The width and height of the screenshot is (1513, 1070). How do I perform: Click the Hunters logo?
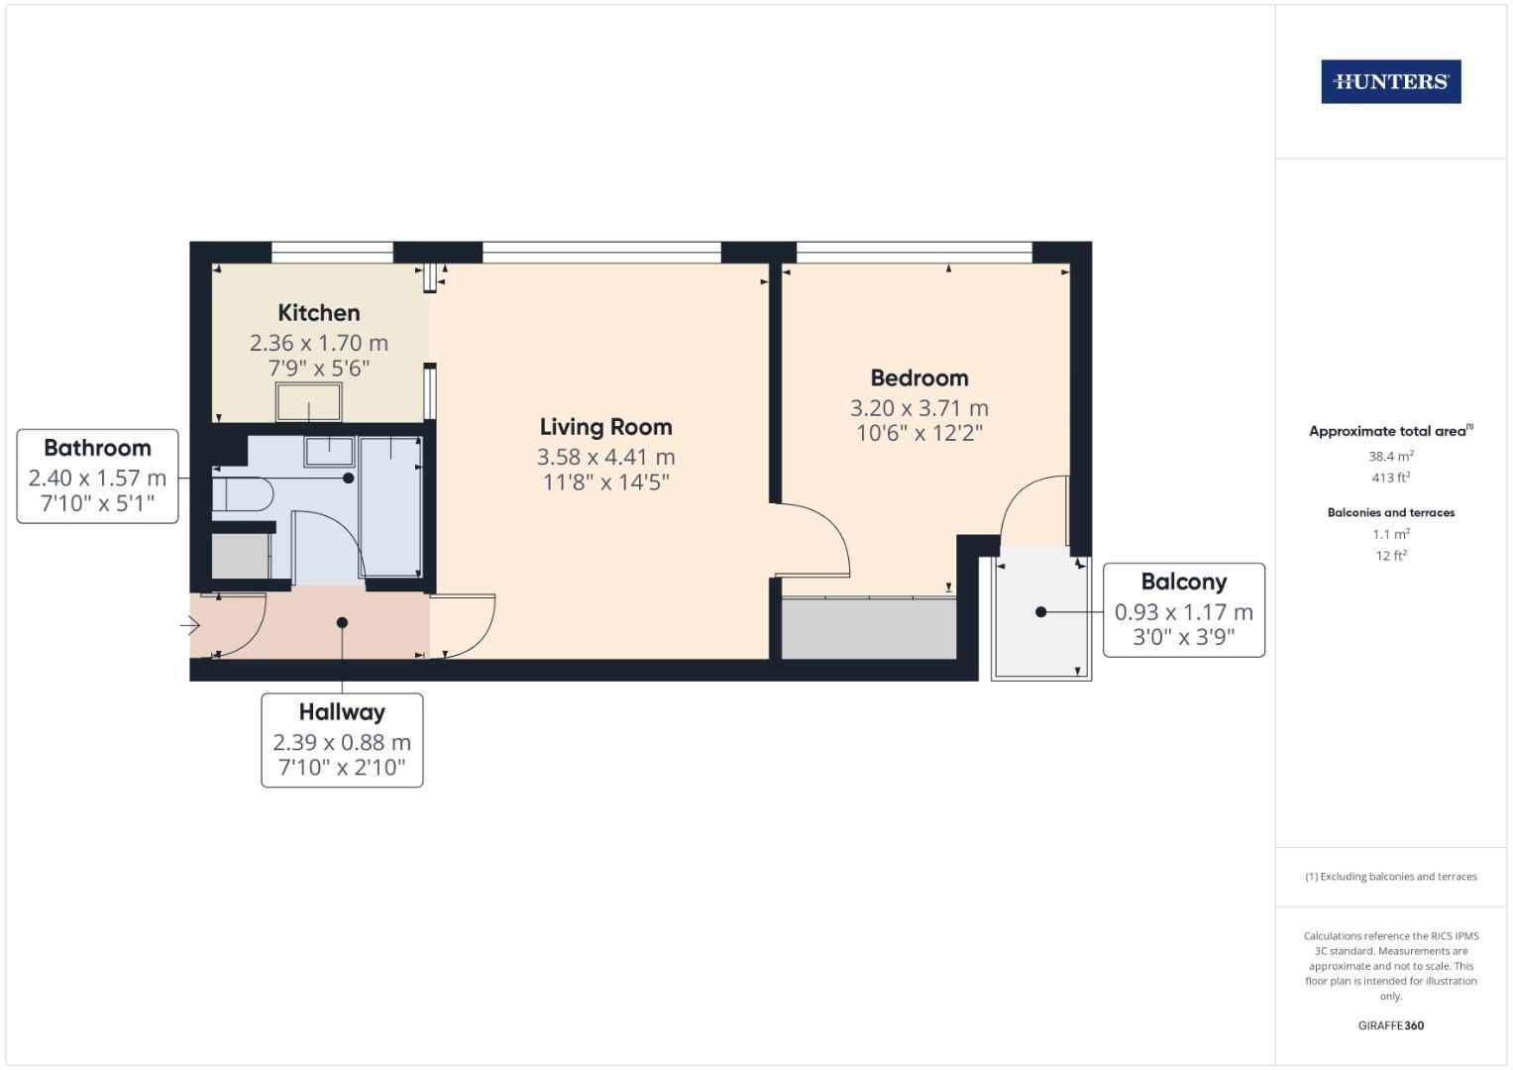[x=1390, y=81]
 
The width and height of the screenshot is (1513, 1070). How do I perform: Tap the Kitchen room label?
[x=318, y=313]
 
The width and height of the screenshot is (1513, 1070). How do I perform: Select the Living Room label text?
[x=605, y=427]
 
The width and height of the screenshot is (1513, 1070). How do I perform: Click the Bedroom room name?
[x=919, y=377]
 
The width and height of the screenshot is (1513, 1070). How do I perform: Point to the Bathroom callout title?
[x=97, y=448]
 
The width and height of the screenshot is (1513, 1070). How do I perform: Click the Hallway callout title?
[x=342, y=711]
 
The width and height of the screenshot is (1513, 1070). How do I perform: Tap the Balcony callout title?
[x=1183, y=582]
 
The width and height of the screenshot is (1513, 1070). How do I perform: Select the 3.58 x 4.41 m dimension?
[x=605, y=457]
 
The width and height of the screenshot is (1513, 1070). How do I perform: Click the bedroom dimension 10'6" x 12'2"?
[x=919, y=433]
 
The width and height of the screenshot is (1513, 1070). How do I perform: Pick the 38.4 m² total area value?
[x=1390, y=457]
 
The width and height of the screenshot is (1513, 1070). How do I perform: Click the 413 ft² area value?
[x=1390, y=478]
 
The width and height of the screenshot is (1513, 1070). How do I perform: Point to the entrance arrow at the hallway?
[x=190, y=625]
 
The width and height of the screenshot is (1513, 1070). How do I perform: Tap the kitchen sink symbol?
[x=308, y=402]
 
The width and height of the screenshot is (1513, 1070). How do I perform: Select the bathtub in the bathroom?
[x=389, y=505]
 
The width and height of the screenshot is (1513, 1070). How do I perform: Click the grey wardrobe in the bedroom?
[x=868, y=628]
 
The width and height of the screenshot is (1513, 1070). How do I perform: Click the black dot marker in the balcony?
[x=1040, y=612]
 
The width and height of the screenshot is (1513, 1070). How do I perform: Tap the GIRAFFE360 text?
[x=1390, y=1025]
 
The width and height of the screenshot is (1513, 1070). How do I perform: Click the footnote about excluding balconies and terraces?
[x=1390, y=877]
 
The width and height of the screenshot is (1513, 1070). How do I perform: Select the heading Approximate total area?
[x=1389, y=431]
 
